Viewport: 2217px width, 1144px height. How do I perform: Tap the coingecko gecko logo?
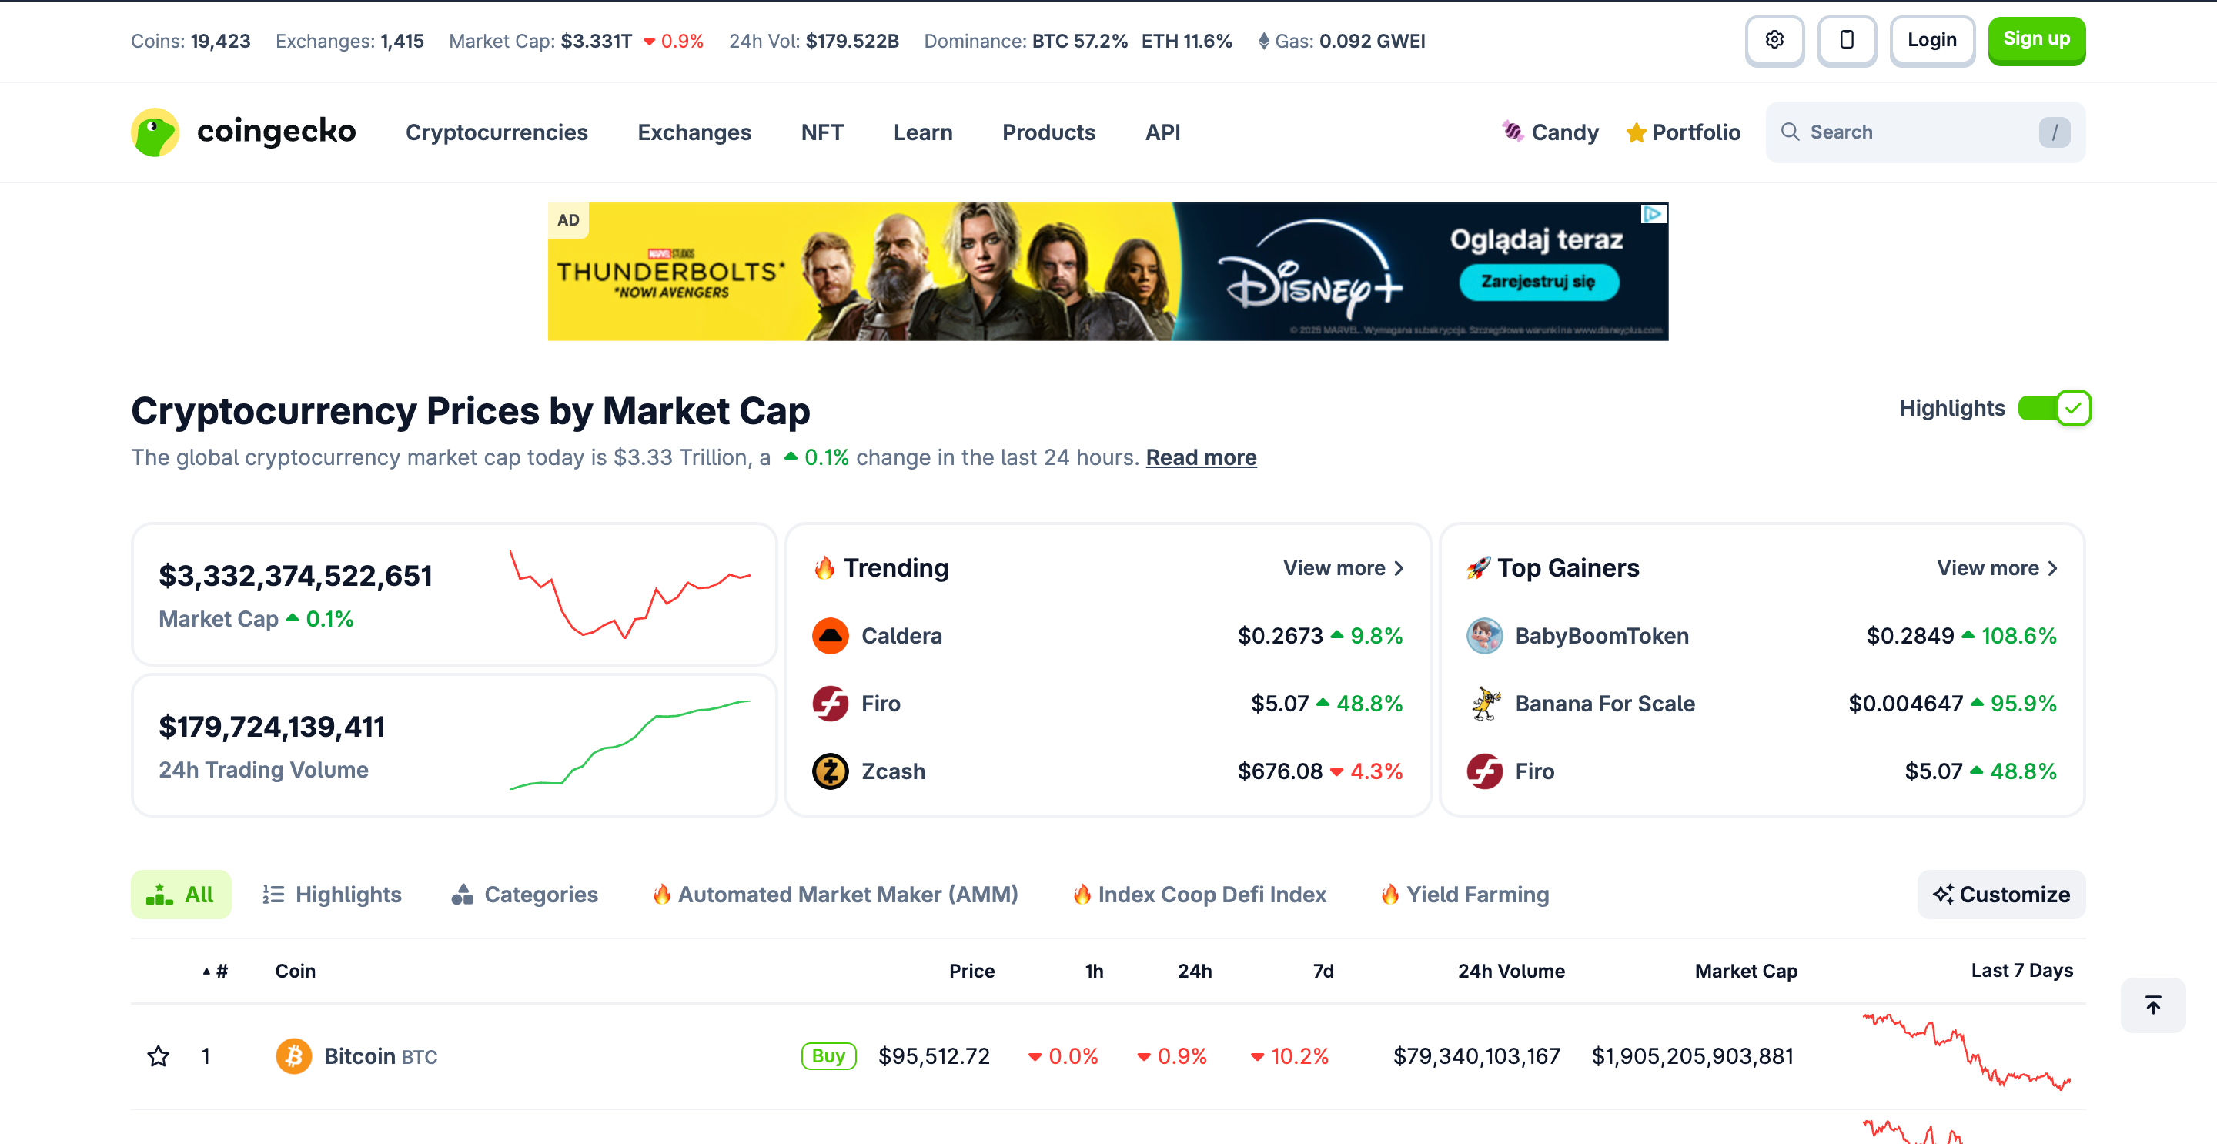[155, 132]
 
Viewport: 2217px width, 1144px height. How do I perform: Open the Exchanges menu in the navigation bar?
[694, 132]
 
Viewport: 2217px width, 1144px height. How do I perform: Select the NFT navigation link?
[821, 132]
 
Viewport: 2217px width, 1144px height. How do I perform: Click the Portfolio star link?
[1683, 132]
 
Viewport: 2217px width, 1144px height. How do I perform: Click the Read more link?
[1201, 457]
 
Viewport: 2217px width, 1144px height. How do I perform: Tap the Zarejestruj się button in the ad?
[1538, 283]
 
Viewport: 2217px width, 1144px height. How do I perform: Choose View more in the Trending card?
[1343, 568]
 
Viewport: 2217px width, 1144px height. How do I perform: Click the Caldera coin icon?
[831, 636]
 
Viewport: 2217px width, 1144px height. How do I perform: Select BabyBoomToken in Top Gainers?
[1601, 636]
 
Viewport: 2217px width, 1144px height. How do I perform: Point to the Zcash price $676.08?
[1279, 771]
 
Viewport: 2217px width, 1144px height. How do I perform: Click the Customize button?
[2000, 895]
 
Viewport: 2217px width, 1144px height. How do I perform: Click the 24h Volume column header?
[1510, 971]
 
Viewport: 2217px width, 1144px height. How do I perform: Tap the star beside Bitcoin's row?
[159, 1056]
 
